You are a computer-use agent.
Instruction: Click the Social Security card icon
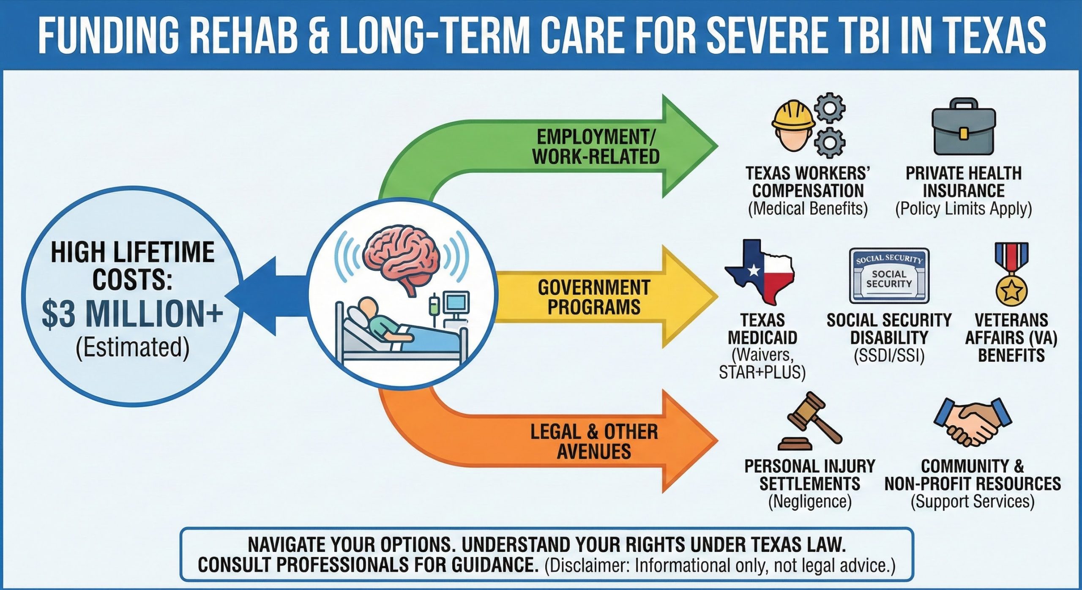(x=889, y=276)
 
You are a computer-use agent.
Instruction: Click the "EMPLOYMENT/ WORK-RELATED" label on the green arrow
(x=596, y=147)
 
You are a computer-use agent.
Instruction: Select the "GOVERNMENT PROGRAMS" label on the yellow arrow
(x=594, y=297)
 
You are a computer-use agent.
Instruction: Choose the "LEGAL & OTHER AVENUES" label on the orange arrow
(x=594, y=441)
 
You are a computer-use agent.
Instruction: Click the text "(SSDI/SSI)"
(x=889, y=356)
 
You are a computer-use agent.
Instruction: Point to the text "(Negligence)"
(x=809, y=502)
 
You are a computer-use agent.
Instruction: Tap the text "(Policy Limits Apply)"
(x=963, y=209)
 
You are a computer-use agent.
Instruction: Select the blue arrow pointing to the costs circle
(x=270, y=296)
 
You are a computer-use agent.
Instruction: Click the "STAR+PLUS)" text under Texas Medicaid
(x=762, y=372)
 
